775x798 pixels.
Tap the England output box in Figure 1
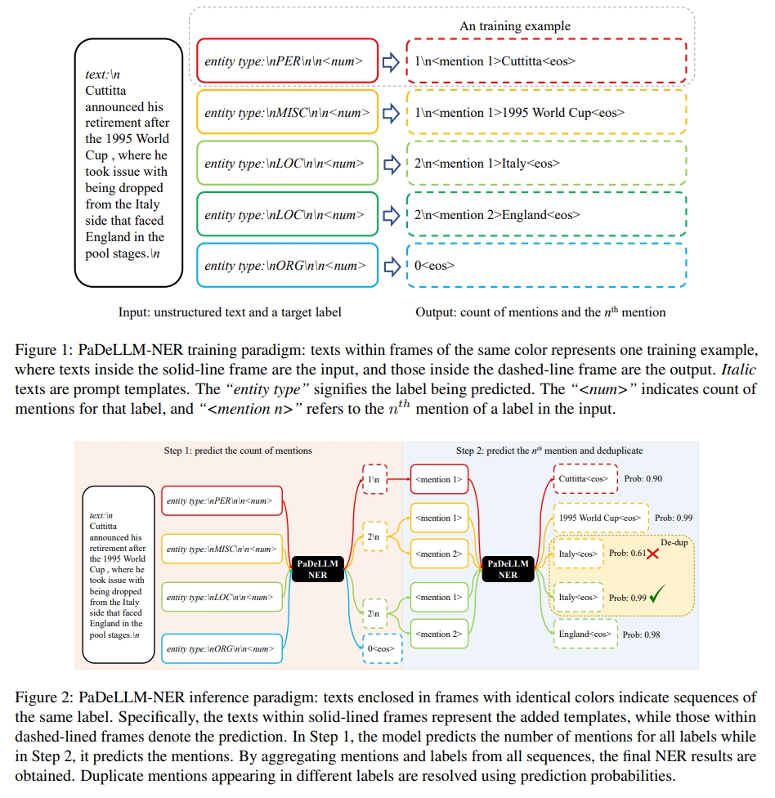pyautogui.click(x=546, y=214)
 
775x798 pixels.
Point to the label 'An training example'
pyautogui.click(x=514, y=26)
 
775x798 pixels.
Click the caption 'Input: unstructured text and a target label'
pyautogui.click(x=231, y=312)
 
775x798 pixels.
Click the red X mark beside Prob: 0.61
pyautogui.click(x=652, y=554)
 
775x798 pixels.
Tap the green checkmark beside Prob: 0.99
pyautogui.click(x=656, y=597)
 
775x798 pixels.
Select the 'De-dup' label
pyautogui.click(x=674, y=541)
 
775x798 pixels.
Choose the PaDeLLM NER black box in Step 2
pyautogui.click(x=508, y=569)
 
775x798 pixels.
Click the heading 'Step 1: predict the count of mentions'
pyautogui.click(x=238, y=451)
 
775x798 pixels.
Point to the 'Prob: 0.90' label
pyautogui.click(x=643, y=478)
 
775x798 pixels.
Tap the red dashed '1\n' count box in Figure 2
pyautogui.click(x=373, y=479)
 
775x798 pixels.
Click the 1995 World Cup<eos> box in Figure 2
pyautogui.click(x=600, y=518)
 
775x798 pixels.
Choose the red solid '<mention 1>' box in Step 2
pyautogui.click(x=439, y=479)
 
